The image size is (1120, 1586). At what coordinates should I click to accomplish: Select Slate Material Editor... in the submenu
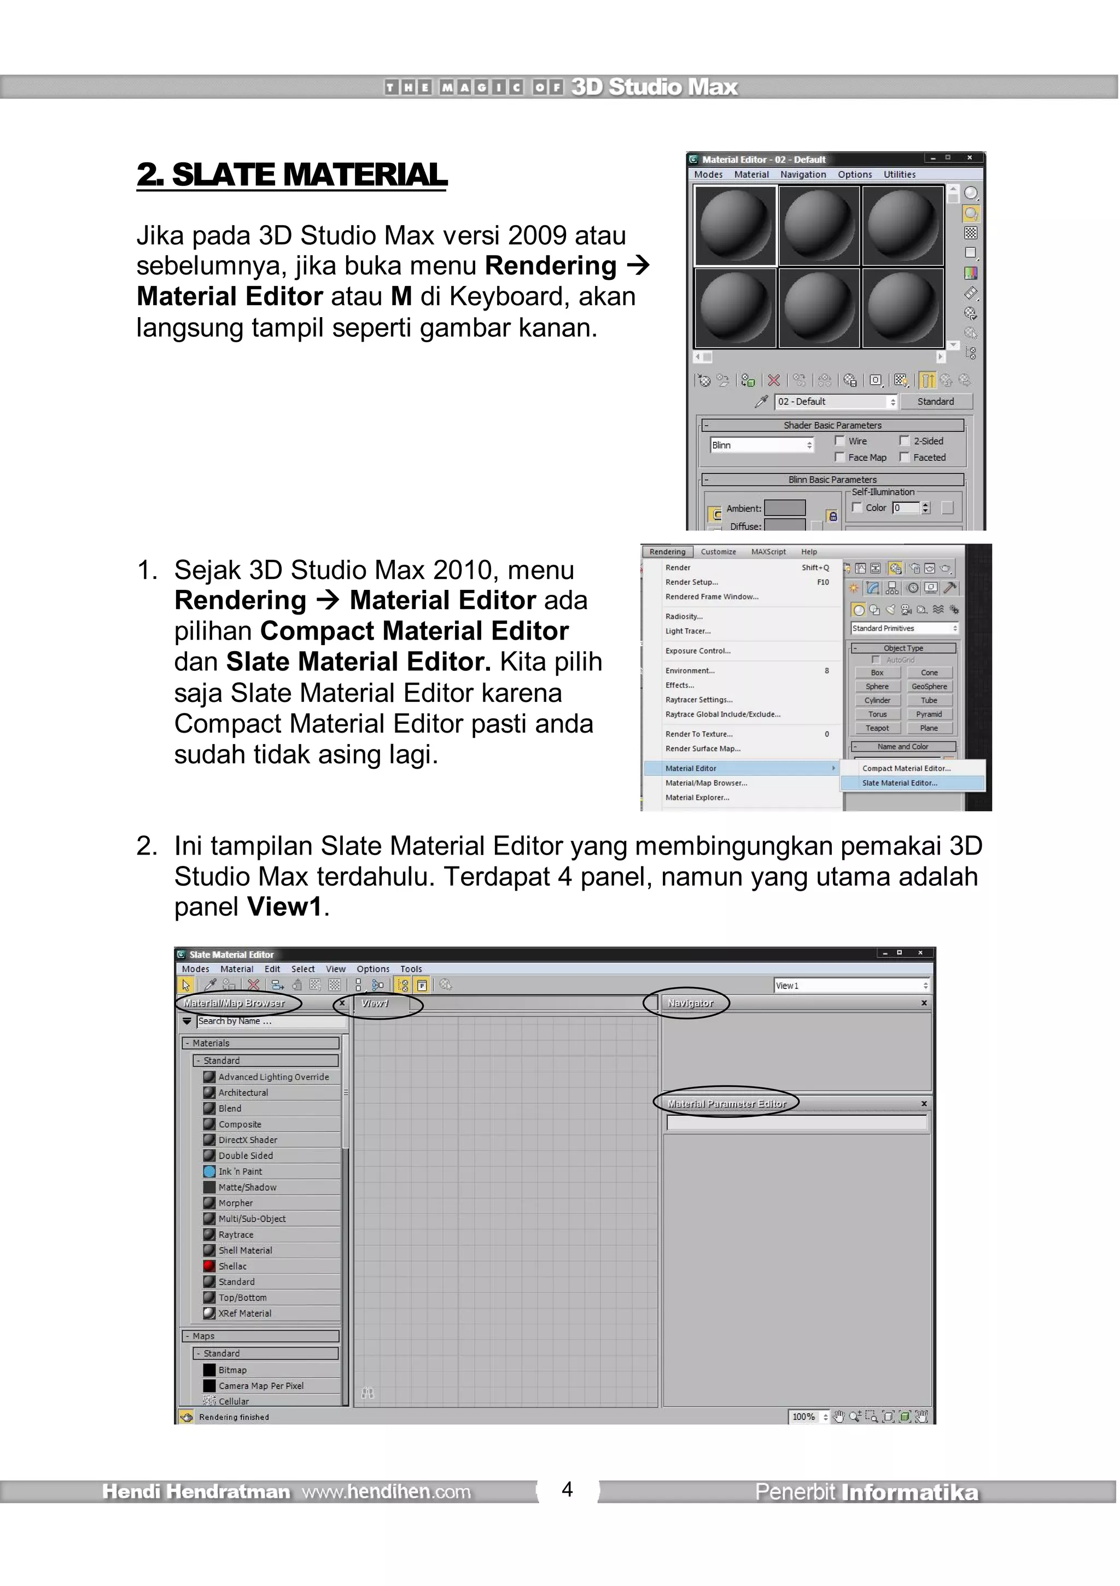[x=899, y=783]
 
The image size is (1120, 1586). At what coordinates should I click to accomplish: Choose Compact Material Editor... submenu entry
[x=906, y=768]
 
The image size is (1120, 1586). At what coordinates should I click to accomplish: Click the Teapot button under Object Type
[x=877, y=728]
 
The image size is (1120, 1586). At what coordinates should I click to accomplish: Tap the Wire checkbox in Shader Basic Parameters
[x=839, y=441]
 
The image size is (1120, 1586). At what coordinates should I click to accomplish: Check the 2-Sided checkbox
[x=904, y=441]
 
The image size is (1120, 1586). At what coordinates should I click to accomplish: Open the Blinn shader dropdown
[x=761, y=445]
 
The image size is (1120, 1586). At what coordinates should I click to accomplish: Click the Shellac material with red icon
[x=232, y=1266]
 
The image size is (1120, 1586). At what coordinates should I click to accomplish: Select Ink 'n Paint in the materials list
[x=240, y=1172]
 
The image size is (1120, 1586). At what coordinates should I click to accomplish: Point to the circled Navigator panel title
[x=690, y=1003]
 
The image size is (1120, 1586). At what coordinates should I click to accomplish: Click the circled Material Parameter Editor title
[x=726, y=1104]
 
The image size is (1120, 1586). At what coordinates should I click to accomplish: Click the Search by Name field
[x=270, y=1021]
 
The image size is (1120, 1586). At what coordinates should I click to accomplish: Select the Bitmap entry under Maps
[x=232, y=1370]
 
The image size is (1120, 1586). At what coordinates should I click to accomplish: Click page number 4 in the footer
[x=567, y=1489]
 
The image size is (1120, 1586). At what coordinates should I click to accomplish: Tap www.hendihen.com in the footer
[x=386, y=1492]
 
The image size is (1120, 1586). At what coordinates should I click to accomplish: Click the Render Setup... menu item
[x=691, y=582]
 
